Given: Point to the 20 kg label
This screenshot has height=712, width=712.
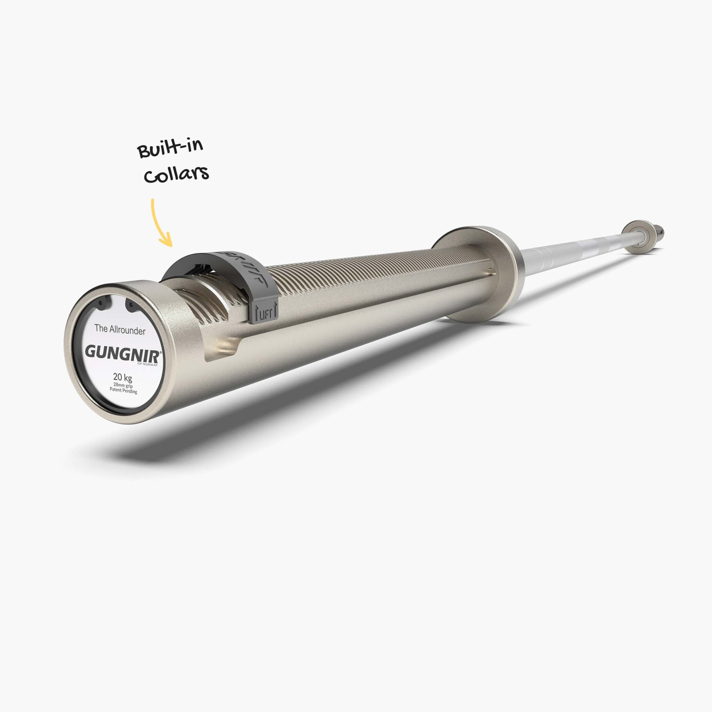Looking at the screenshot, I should click(122, 377).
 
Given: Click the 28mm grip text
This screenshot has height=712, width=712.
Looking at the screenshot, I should click(123, 385).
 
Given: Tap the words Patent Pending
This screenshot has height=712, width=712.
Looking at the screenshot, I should click(123, 390).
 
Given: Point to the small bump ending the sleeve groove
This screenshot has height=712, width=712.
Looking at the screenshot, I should click(490, 273).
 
